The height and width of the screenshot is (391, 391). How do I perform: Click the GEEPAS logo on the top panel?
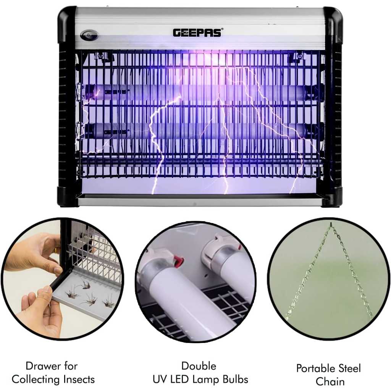[x=197, y=33]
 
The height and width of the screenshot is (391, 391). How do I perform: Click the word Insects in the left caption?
[x=79, y=379]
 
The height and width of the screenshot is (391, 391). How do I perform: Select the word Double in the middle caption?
[x=199, y=366]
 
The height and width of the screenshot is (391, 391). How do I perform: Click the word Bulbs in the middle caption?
[x=235, y=379]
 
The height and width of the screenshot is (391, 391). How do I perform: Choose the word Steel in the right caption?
[x=349, y=368]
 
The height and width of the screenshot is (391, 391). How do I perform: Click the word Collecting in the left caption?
[x=36, y=380]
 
